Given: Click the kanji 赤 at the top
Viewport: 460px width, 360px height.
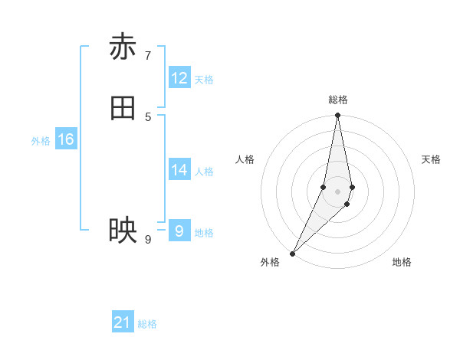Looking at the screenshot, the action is click(123, 47).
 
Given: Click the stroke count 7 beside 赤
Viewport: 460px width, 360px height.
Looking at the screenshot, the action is click(148, 55).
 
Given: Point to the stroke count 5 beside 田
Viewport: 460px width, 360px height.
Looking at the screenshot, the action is click(148, 116).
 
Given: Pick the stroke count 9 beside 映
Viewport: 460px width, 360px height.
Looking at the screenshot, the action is click(148, 240).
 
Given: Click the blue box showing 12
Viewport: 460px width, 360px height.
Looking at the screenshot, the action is click(179, 78).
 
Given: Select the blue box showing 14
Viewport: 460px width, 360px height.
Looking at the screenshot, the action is click(179, 170).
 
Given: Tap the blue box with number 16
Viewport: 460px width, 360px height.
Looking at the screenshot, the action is click(66, 139).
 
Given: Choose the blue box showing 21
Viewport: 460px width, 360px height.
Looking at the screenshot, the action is click(123, 322).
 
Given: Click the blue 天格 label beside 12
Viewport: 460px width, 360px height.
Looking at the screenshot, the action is click(204, 80).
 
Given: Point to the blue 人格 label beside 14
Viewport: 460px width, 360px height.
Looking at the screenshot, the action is click(204, 172).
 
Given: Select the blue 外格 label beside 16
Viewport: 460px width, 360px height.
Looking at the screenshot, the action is click(41, 141).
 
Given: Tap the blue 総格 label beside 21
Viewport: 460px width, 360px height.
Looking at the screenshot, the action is click(147, 324).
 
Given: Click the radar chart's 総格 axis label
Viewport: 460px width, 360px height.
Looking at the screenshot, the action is click(338, 100).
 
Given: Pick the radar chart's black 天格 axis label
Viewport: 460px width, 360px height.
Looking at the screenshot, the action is click(431, 159).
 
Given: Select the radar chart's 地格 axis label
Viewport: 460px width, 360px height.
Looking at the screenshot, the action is click(402, 262).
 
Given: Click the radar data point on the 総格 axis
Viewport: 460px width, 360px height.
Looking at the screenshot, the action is click(338, 116).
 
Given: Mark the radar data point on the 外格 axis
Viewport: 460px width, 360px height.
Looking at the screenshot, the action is click(292, 254).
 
